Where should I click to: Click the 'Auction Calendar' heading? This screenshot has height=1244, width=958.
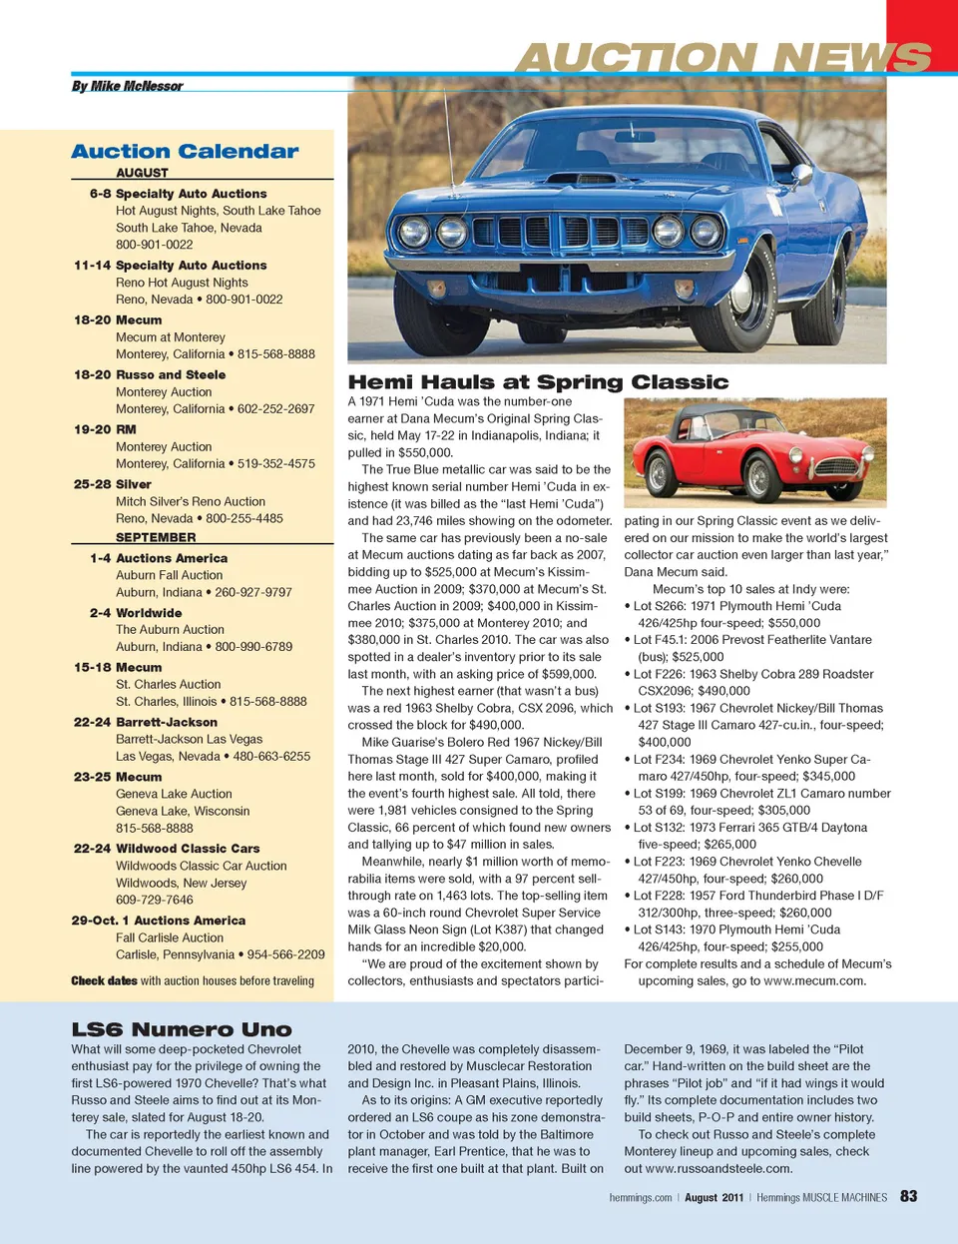pos(185,152)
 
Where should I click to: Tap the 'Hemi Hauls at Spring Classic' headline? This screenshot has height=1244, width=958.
pos(538,382)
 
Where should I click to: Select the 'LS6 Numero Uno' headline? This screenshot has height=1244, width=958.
pos(182,1029)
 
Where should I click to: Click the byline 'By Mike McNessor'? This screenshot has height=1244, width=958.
pos(127,87)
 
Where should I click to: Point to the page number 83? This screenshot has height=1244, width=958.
pos(908,1196)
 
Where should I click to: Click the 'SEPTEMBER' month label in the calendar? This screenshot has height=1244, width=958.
pos(156,537)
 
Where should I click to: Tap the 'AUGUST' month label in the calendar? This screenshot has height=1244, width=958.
pos(142,173)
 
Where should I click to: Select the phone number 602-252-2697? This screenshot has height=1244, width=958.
pos(275,409)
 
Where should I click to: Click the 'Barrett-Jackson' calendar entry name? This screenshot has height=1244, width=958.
pos(167,722)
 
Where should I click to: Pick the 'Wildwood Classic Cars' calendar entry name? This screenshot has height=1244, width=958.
pos(188,849)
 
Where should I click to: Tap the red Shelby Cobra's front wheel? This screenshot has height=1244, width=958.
pos(759,478)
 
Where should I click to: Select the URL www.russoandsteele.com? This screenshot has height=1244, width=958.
pos(718,1169)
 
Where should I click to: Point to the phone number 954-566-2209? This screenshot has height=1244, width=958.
pos(286,955)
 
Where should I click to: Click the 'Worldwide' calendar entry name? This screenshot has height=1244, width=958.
pos(149,613)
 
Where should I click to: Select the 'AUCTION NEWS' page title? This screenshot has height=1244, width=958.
pos(722,59)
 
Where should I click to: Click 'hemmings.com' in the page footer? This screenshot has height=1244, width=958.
pos(640,1198)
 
